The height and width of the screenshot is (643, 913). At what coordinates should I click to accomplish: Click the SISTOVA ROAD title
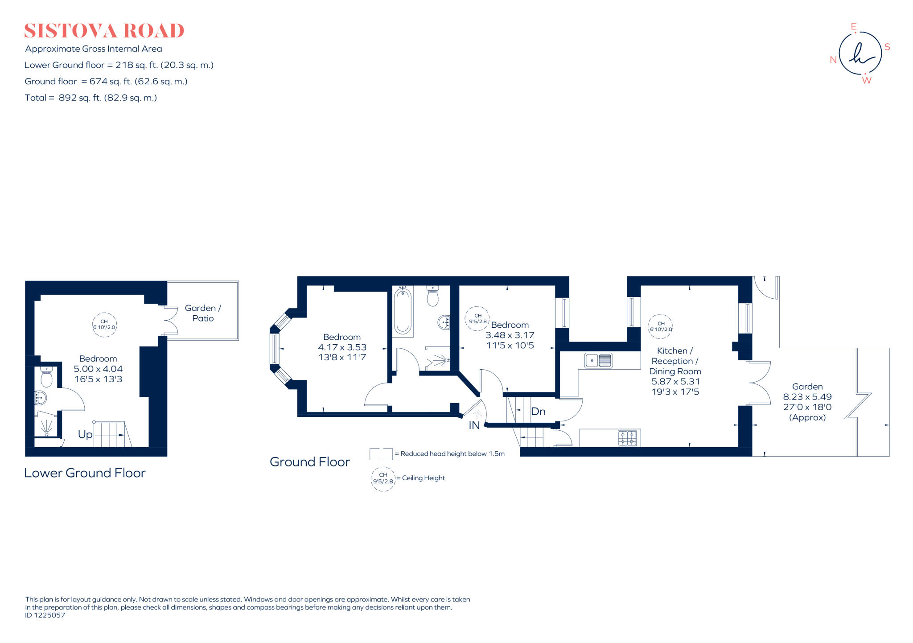pos(104,31)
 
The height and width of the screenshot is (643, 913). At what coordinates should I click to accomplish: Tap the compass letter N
pos(833,60)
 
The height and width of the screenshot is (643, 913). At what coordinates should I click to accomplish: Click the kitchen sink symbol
pos(598,360)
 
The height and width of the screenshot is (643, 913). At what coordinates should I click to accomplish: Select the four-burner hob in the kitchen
pos(627,438)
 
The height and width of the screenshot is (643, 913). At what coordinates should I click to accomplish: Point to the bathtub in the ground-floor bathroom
pos(403,311)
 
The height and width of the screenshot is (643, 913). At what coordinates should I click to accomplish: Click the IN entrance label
pos(474,425)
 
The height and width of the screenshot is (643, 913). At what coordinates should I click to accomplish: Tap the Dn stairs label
pos(538,412)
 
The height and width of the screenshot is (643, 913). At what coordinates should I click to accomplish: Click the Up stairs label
pos(85,434)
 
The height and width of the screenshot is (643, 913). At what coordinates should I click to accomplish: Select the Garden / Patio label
pos(203,313)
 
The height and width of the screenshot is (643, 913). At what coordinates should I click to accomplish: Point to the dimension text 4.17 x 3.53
pos(342,347)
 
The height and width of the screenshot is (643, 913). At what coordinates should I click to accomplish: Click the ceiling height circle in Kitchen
pos(660,326)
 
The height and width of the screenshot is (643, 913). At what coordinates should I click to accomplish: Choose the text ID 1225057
pos(45,615)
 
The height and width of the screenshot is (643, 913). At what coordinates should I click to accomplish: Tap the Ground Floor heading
pos(310,462)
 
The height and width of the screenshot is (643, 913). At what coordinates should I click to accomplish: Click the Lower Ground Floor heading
pos(85,473)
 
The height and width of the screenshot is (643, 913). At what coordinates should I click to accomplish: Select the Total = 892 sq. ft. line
pos(90,98)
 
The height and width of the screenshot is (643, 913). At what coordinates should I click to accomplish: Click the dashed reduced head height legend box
pos(381,454)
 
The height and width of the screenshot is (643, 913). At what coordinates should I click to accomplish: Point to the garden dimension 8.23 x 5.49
pos(807,397)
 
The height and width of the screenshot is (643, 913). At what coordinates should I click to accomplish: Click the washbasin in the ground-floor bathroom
pos(444,322)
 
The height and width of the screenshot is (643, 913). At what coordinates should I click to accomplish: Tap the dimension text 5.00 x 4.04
pos(98,369)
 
